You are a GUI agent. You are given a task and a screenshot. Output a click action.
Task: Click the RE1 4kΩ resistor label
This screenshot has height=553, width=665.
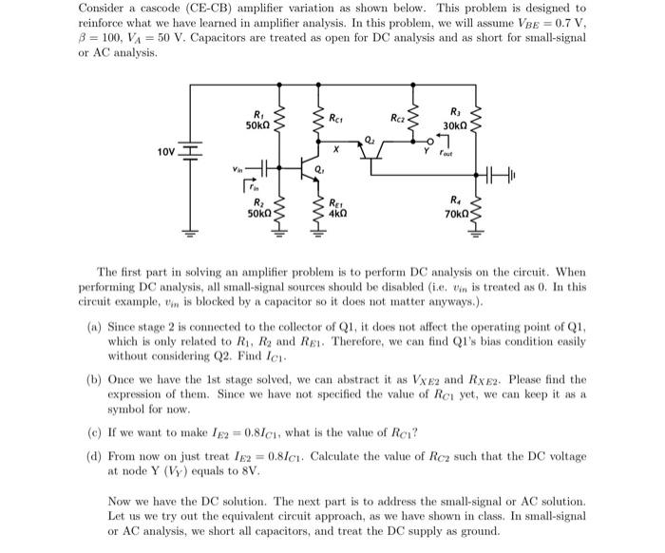point(336,208)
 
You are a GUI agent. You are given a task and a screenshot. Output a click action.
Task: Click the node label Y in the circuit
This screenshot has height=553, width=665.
point(427,149)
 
